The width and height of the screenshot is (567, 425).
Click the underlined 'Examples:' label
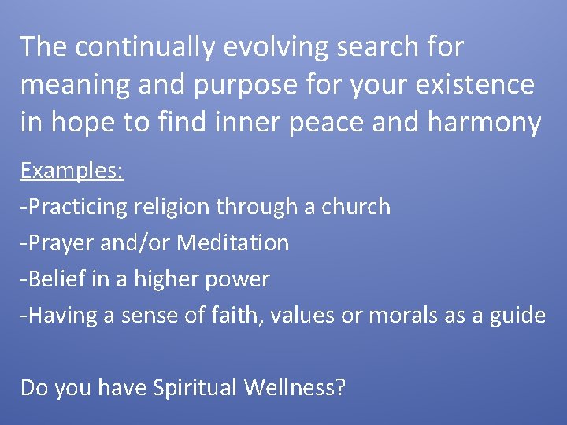72,171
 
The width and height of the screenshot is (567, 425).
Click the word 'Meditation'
232,243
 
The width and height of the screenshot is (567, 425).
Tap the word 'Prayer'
60,243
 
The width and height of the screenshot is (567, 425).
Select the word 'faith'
231,316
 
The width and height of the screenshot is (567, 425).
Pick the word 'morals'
400,316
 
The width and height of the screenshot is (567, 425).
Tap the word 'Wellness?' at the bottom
295,387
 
